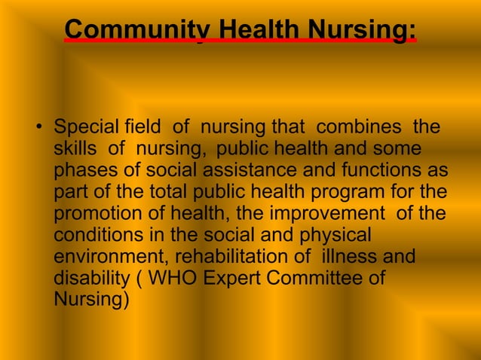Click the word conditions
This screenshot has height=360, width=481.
tap(98, 235)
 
